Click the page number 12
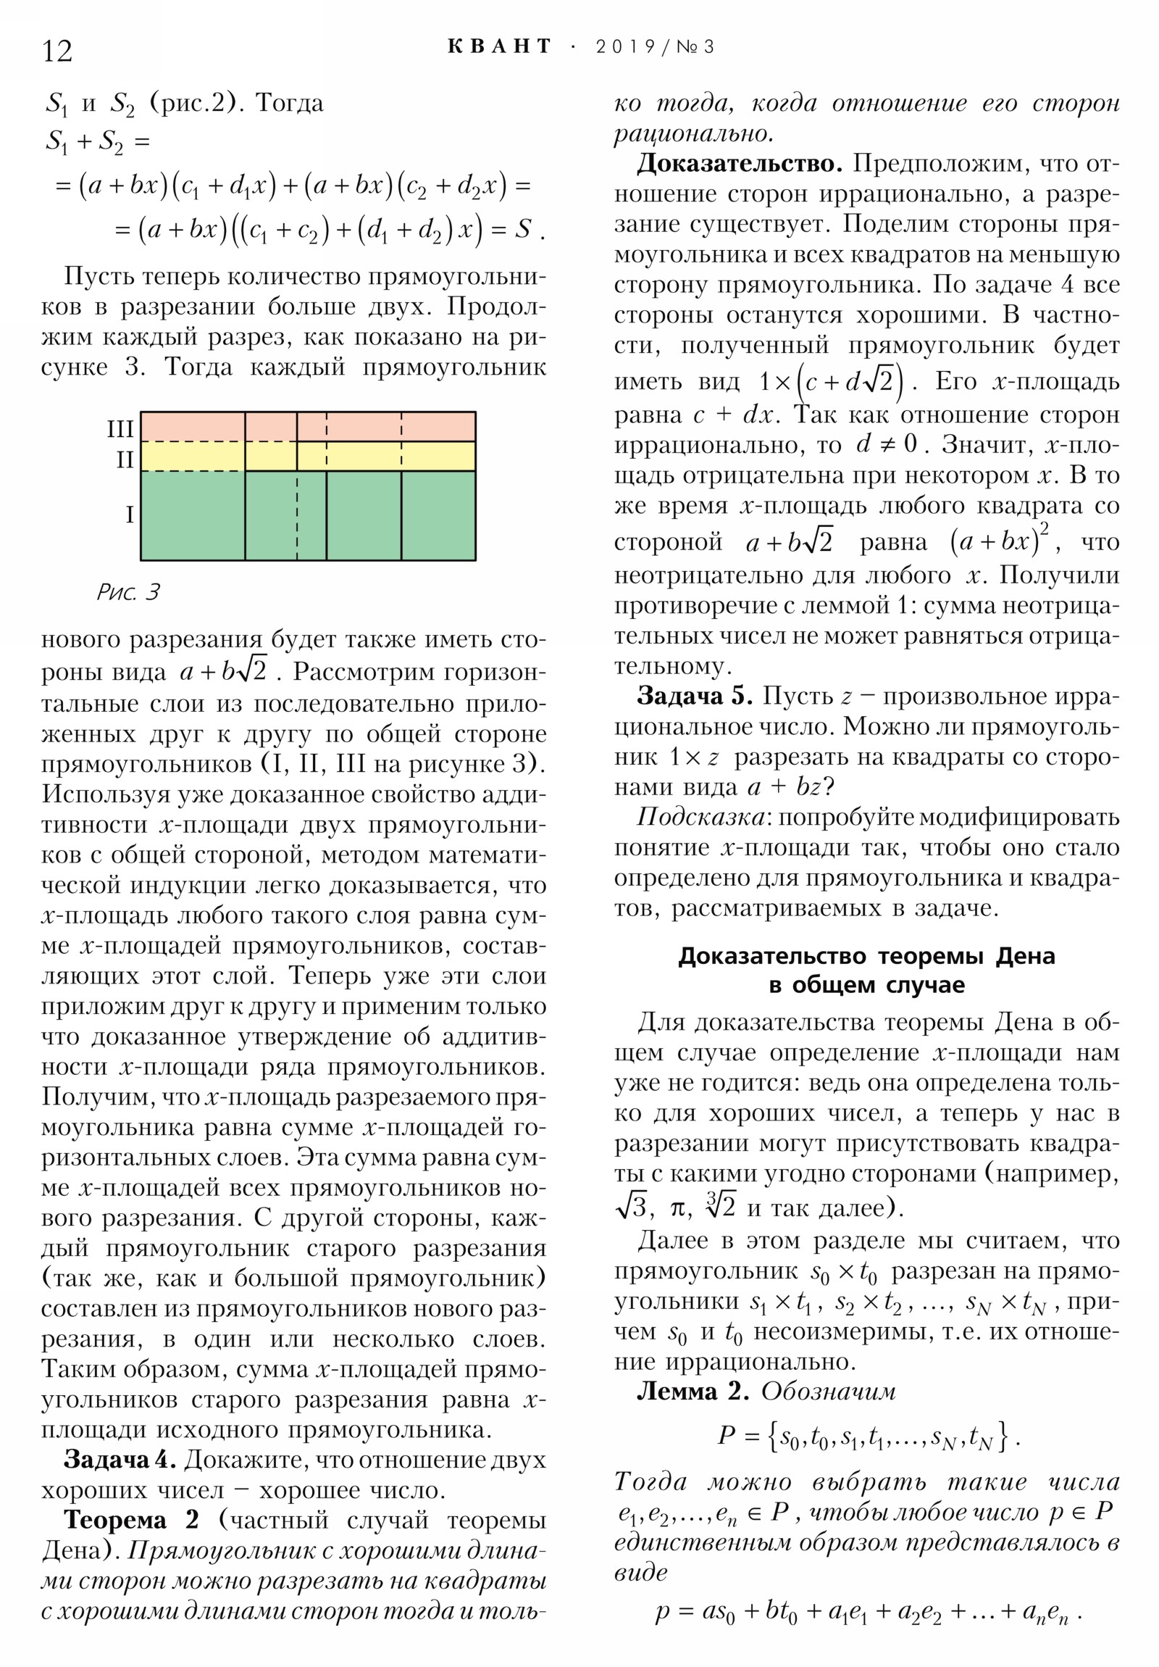point(57,51)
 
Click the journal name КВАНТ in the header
point(499,47)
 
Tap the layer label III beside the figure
point(120,429)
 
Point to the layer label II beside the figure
point(125,460)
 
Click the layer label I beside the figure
point(129,515)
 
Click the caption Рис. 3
point(128,592)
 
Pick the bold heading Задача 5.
point(694,697)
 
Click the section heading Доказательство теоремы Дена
point(866,956)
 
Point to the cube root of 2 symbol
point(720,1206)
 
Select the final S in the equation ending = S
point(522,230)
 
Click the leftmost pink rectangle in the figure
point(192,426)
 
